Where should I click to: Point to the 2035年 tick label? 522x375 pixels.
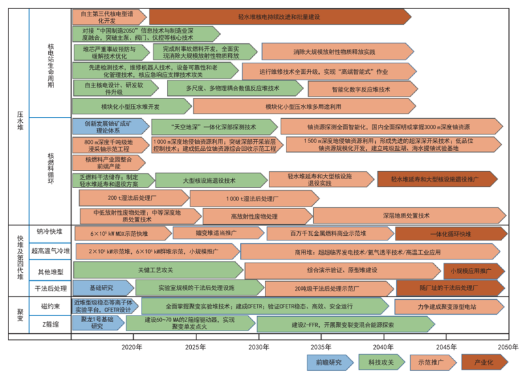(320, 346)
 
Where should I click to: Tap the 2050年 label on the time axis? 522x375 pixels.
(508, 346)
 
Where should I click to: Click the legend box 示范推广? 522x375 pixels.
(431, 362)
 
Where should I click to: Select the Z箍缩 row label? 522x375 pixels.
(50, 323)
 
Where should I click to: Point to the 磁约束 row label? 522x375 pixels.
(50, 305)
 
